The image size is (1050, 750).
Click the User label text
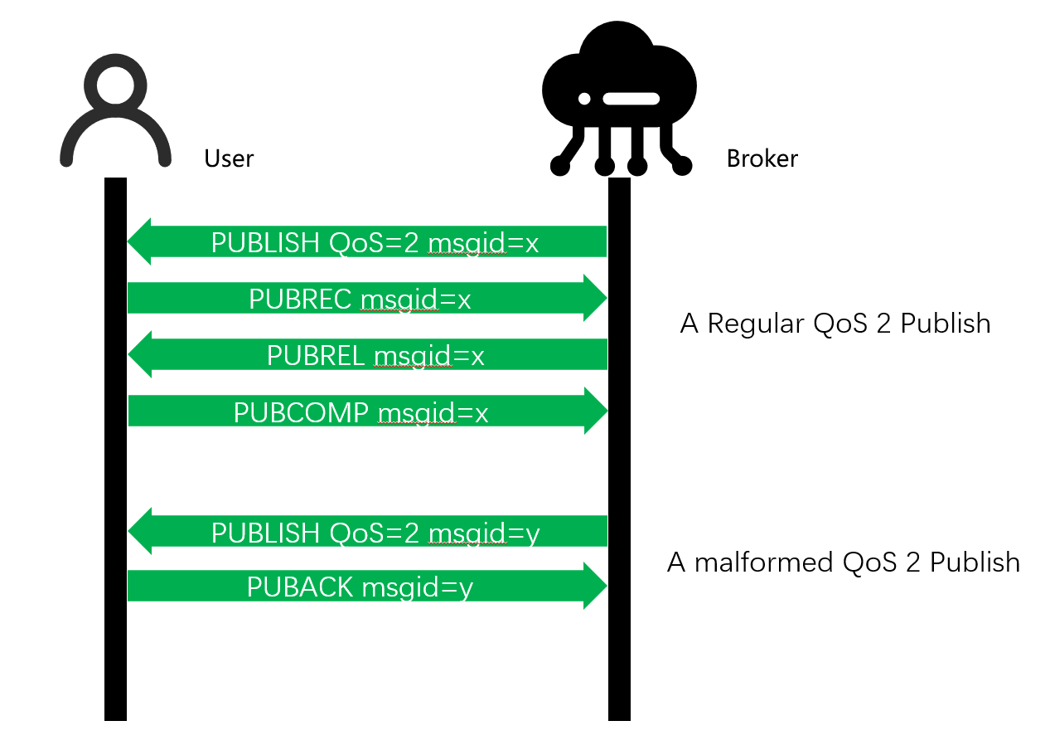click(x=229, y=158)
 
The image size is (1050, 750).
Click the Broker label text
click(x=762, y=158)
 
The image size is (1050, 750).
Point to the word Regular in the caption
click(x=755, y=323)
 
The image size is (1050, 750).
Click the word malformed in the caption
click(x=765, y=562)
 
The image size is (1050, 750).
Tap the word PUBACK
click(x=302, y=587)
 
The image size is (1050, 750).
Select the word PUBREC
click(x=301, y=299)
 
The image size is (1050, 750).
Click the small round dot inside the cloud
click(x=584, y=99)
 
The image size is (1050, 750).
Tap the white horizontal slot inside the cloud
click(x=631, y=99)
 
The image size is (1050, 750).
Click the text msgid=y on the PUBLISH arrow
click(x=484, y=533)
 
